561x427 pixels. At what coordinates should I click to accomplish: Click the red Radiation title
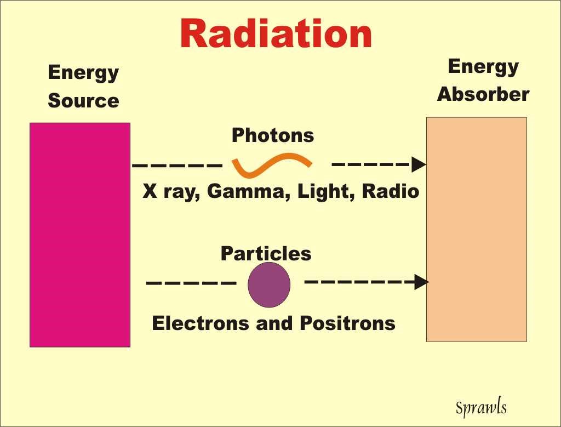pyautogui.click(x=276, y=33)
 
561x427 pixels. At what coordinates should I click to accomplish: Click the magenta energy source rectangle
pyautogui.click(x=80, y=235)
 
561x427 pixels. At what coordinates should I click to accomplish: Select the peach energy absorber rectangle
pyautogui.click(x=477, y=230)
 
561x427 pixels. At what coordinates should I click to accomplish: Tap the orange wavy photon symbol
pyautogui.click(x=272, y=166)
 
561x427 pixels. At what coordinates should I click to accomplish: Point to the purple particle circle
pyautogui.click(x=269, y=284)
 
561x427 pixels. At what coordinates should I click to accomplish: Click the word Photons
pyautogui.click(x=273, y=135)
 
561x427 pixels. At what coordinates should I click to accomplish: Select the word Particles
pyautogui.click(x=266, y=253)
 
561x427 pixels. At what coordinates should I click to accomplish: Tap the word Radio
pyautogui.click(x=390, y=191)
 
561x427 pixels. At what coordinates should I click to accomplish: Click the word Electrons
pyautogui.click(x=201, y=323)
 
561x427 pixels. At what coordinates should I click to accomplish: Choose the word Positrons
pyautogui.click(x=347, y=323)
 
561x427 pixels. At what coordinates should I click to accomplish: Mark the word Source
pyautogui.click(x=83, y=100)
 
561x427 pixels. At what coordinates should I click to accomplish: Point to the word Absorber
pyautogui.click(x=483, y=94)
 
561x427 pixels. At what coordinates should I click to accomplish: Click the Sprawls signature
pyautogui.click(x=481, y=407)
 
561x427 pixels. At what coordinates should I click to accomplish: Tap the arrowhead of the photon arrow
pyautogui.click(x=419, y=164)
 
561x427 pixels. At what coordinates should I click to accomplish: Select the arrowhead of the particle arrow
pyautogui.click(x=421, y=282)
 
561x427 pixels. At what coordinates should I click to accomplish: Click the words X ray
pyautogui.click(x=171, y=191)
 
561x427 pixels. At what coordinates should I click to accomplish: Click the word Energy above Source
pyautogui.click(x=83, y=73)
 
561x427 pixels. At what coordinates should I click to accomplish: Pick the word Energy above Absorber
pyautogui.click(x=483, y=67)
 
